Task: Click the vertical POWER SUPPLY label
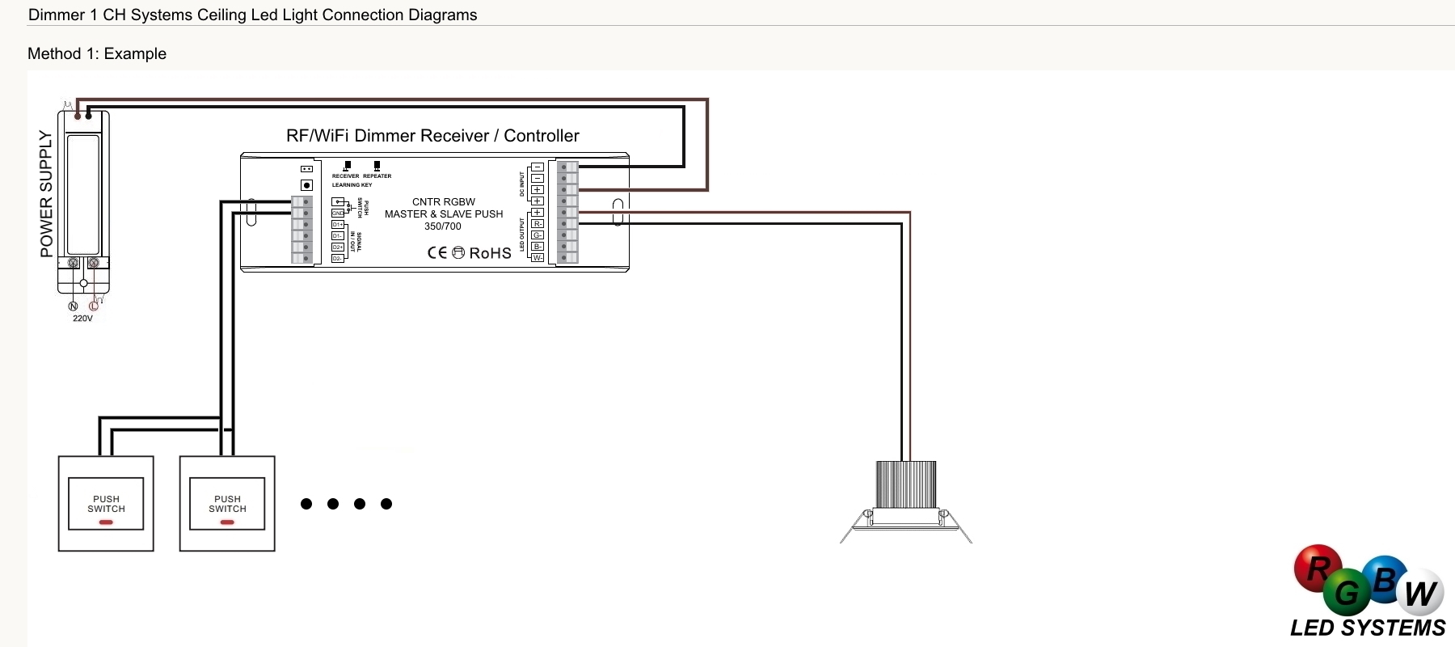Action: point(46,194)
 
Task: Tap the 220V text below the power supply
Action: point(82,319)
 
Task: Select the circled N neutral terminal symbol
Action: point(73,306)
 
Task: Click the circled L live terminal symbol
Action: point(94,306)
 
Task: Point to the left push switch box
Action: point(106,504)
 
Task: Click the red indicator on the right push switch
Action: point(227,522)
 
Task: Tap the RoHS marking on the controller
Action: point(490,253)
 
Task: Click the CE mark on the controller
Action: point(436,253)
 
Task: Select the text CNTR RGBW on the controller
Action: point(444,202)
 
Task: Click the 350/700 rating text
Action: point(443,226)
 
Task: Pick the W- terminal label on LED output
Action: point(538,258)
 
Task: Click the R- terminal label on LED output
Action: point(538,224)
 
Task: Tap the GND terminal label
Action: point(338,214)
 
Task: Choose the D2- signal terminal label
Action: point(338,259)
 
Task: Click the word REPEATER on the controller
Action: point(377,176)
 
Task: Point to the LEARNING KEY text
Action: point(352,185)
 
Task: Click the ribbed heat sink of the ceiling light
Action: point(906,484)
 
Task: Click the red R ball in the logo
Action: point(1318,569)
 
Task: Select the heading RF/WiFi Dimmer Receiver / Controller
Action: point(432,136)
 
